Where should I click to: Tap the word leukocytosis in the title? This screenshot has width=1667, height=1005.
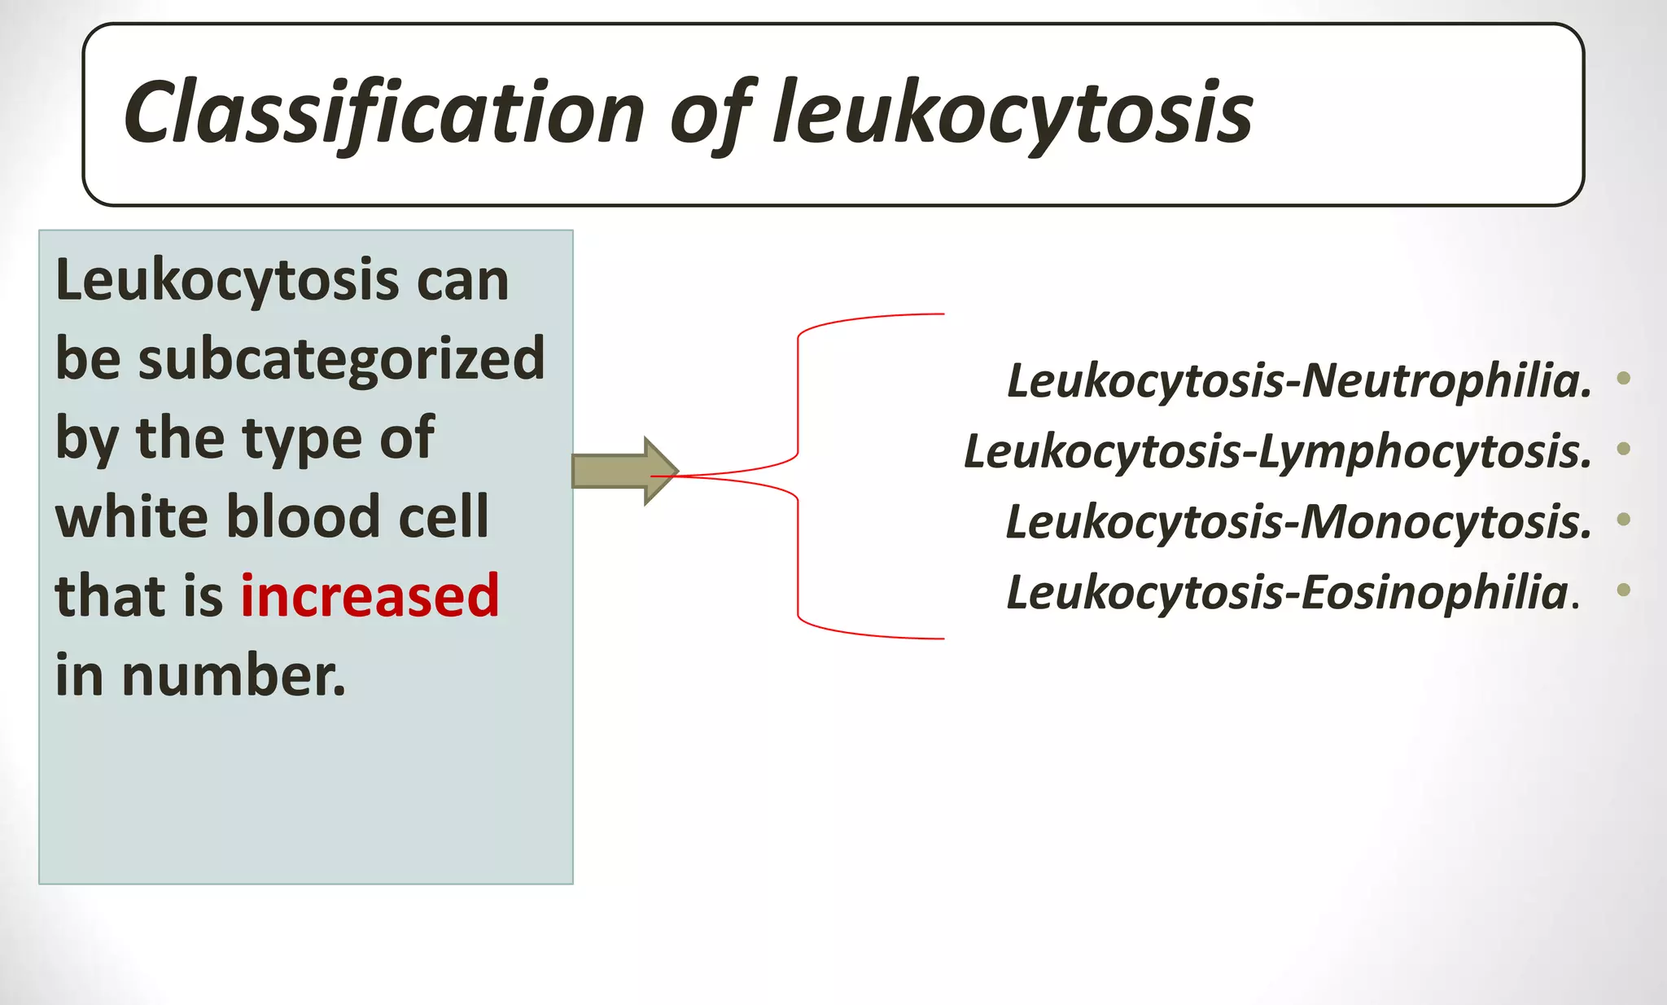pyautogui.click(x=1013, y=114)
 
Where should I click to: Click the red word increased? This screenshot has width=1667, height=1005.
pyautogui.click(x=370, y=595)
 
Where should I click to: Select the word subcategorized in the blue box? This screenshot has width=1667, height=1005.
pyautogui.click(x=341, y=358)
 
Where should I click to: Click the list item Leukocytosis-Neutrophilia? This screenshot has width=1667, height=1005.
pyautogui.click(x=1299, y=380)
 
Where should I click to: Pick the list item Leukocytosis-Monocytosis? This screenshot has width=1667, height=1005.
pyautogui.click(x=1299, y=521)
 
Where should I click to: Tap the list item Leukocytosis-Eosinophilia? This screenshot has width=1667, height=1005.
pyautogui.click(x=1293, y=592)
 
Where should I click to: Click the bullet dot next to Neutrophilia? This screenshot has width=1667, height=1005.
pyautogui.click(x=1623, y=377)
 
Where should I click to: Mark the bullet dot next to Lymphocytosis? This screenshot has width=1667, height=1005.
pyautogui.click(x=1623, y=448)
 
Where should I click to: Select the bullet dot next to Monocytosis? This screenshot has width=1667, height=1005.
pyautogui.click(x=1623, y=519)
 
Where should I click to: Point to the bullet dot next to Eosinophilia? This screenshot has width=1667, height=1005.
pyautogui.click(x=1623, y=590)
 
